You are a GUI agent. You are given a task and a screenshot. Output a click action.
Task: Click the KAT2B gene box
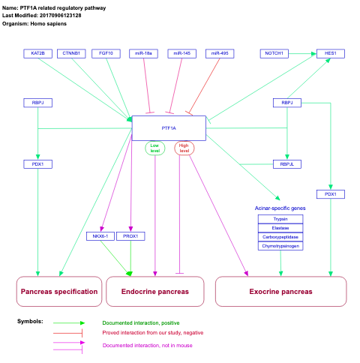37,53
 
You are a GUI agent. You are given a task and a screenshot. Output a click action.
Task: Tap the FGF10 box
106,53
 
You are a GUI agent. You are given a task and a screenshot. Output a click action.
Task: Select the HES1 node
330,53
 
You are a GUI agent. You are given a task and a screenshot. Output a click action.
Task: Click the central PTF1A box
169,128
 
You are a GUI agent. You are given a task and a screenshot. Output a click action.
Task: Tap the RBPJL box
286,163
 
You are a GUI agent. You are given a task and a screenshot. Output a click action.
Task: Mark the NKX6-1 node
99,236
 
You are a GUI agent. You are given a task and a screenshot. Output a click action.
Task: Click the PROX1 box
130,236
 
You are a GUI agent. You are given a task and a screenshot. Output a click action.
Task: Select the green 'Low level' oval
155,148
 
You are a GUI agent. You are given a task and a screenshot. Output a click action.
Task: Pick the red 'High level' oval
184,148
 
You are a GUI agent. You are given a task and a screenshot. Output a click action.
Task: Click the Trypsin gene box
280,219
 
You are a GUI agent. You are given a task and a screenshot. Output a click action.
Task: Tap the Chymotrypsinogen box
280,246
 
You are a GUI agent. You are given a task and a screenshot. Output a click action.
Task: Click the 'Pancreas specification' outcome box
59,292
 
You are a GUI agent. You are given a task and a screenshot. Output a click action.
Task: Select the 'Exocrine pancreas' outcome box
280,292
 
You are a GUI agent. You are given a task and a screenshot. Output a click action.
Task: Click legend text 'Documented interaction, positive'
140,322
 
